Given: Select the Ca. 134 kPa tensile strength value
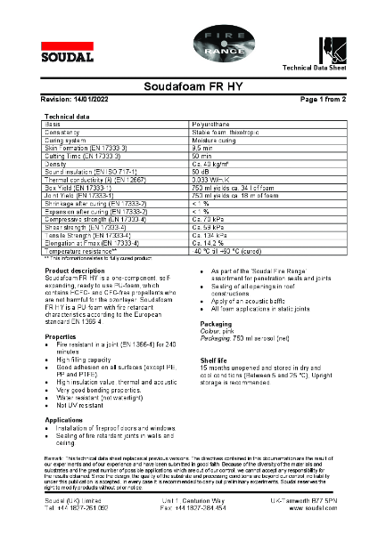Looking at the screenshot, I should pos(210,235).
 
